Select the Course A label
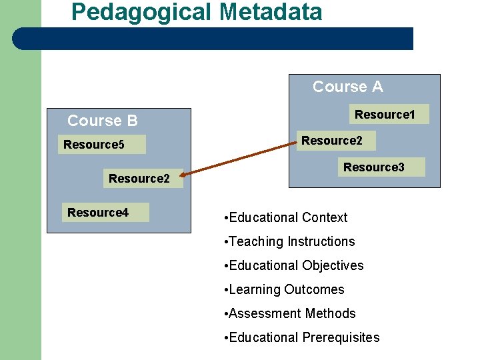pos(347,87)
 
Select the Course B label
pos(103,121)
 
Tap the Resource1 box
pos(385,115)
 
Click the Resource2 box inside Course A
pos(332,141)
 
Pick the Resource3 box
pos(374,167)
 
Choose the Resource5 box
pos(94,145)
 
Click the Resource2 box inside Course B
pos(139,179)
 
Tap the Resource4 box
pos(98,213)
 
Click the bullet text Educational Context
pos(287,217)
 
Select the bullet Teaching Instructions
pos(291,241)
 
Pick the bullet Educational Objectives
pos(295,265)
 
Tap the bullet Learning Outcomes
pos(286,289)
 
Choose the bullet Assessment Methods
pos(291,313)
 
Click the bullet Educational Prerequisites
pos(303,337)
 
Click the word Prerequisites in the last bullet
pos(341,337)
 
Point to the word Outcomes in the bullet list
pos(314,289)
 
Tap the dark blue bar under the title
pos(213,39)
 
